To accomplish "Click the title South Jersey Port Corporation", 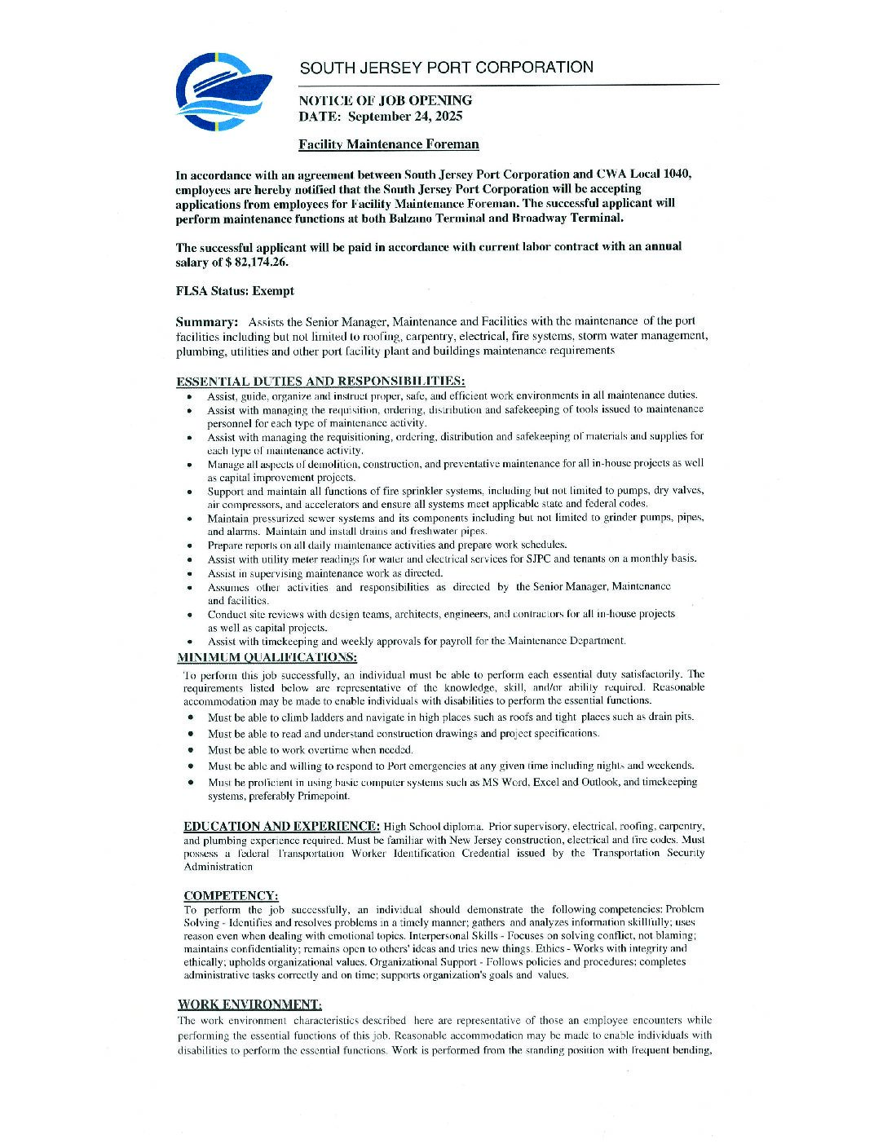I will pos(446,68).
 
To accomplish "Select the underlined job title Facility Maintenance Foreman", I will pos(388,145).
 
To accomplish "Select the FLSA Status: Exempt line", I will pos(235,291).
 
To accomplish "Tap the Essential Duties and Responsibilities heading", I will pos(320,381).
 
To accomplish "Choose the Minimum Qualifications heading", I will pos(267,657).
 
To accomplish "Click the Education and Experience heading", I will pos(281,826).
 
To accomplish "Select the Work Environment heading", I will pos(249,1004).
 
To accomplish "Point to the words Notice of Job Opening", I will pos(385,100).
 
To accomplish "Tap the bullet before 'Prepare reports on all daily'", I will pos(189,545).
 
